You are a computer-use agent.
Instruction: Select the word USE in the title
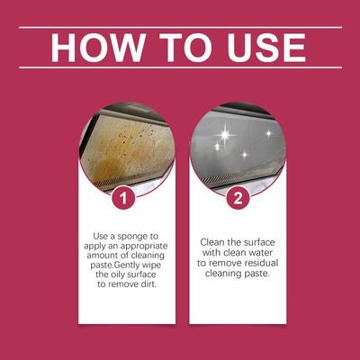(x=266, y=48)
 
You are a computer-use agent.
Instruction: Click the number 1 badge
(x=123, y=198)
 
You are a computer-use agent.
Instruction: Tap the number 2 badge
(x=238, y=198)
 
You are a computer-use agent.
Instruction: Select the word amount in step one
(x=101, y=256)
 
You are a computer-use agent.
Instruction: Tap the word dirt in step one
(x=149, y=284)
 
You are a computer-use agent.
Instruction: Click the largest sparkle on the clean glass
(x=225, y=135)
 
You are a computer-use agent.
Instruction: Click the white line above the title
(x=180, y=28)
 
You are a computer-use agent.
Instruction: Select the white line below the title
(x=180, y=67)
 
